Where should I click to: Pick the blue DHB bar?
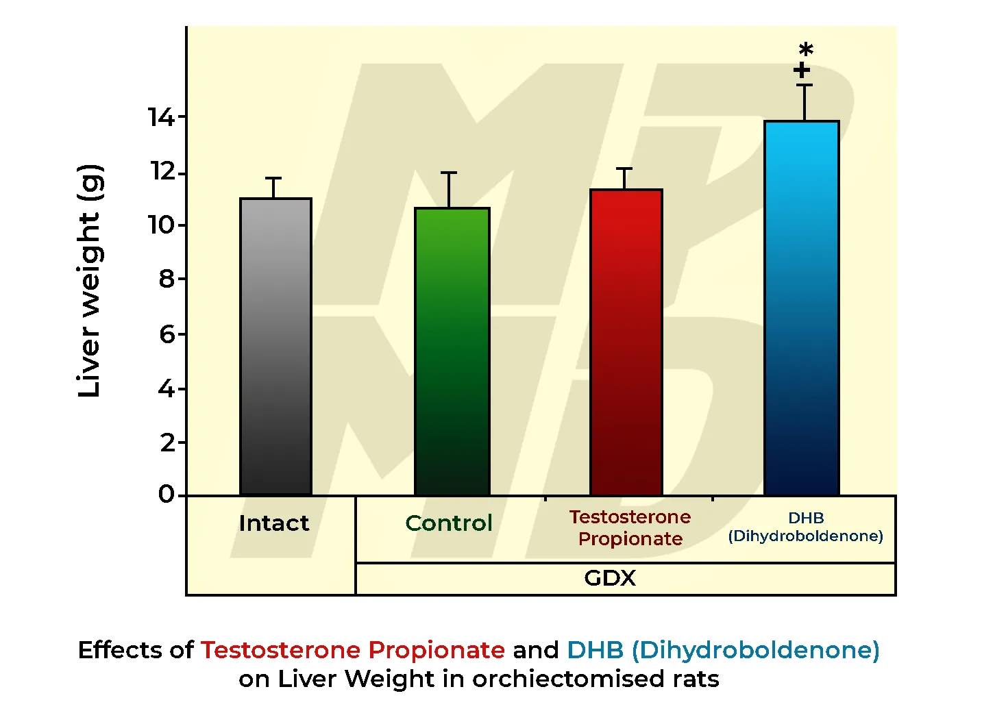tap(801, 308)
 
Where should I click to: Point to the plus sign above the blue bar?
tap(801, 70)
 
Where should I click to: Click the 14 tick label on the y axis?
tap(162, 117)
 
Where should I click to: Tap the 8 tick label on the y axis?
tap(167, 279)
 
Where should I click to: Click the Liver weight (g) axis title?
tap(90, 281)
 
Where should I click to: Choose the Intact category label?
tap(273, 523)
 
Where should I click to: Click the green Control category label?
tap(448, 523)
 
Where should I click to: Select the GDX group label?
tap(609, 578)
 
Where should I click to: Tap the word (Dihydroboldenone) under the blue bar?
tap(805, 536)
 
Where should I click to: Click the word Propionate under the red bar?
tap(630, 538)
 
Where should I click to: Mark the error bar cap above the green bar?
tap(449, 173)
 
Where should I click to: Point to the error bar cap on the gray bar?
tap(273, 178)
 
